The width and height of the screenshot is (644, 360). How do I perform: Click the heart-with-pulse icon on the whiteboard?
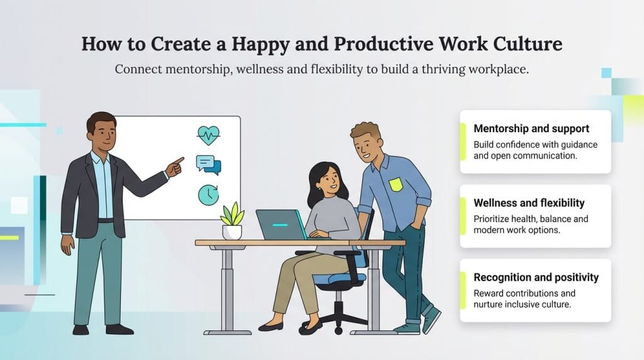tap(208, 134)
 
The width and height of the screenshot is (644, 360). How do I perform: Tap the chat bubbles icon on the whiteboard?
tap(208, 165)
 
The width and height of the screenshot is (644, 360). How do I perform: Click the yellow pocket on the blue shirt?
tap(396, 184)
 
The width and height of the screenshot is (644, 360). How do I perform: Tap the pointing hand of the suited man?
tap(175, 166)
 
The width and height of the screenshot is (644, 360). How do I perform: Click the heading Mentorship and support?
tap(531, 128)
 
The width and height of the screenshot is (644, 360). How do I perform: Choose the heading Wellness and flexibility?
tap(529, 203)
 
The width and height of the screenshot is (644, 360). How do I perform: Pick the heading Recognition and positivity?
tap(536, 277)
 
